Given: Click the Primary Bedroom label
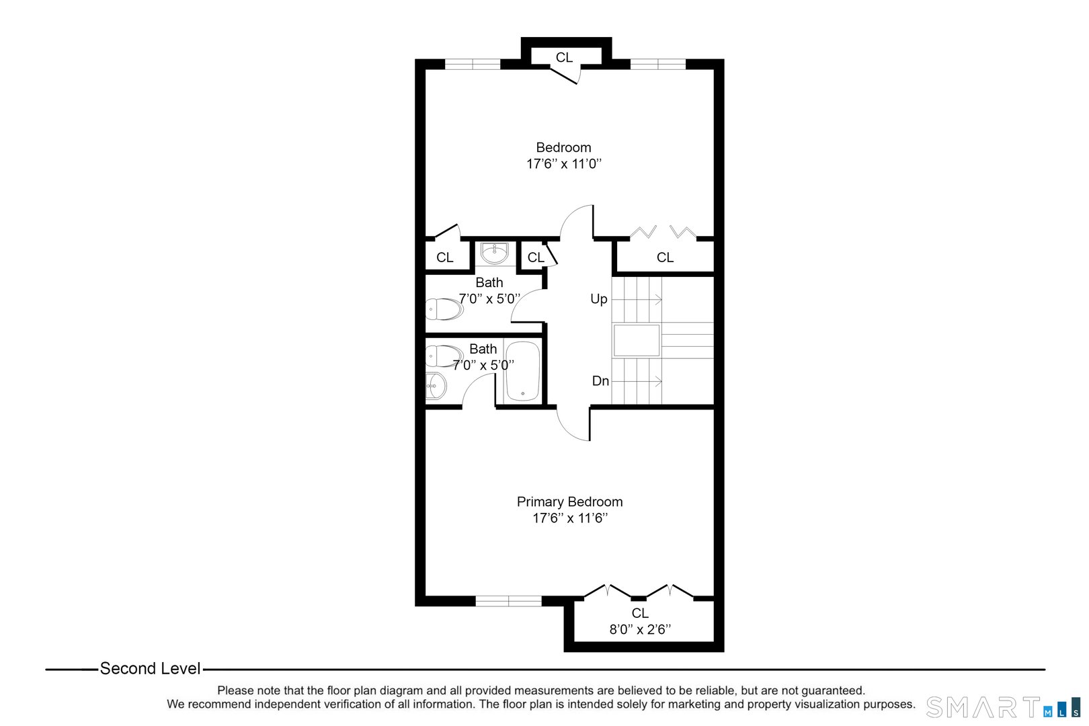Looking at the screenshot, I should pyautogui.click(x=569, y=501).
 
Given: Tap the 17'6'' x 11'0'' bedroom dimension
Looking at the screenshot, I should pyautogui.click(x=563, y=163).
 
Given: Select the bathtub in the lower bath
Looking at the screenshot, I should pyautogui.click(x=522, y=371).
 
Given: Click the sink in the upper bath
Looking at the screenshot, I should pyautogui.click(x=495, y=253).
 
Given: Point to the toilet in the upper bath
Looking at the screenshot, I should pyautogui.click(x=444, y=309).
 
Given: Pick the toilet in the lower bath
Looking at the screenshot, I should pyautogui.click(x=444, y=355).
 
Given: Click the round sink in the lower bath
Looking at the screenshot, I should pyautogui.click(x=436, y=386).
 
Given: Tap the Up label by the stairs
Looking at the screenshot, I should pyautogui.click(x=598, y=299).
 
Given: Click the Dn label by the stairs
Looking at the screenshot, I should pyautogui.click(x=600, y=381).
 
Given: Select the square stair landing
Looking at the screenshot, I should pyautogui.click(x=636, y=340).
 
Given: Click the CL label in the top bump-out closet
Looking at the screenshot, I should pyautogui.click(x=564, y=58).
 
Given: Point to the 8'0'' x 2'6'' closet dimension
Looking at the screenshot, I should pyautogui.click(x=640, y=629).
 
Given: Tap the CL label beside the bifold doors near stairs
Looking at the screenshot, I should pyautogui.click(x=665, y=257).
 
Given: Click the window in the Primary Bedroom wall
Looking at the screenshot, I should pyautogui.click(x=508, y=601).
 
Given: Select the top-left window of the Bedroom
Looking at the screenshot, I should pyautogui.click(x=473, y=65).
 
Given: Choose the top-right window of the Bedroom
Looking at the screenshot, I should pyautogui.click(x=657, y=65).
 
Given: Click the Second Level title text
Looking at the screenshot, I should pyautogui.click(x=150, y=669).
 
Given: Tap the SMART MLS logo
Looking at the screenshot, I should pyautogui.click(x=1002, y=707).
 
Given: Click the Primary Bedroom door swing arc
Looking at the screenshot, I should pyautogui.click(x=570, y=428).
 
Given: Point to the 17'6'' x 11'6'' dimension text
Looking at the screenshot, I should pyautogui.click(x=570, y=518).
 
